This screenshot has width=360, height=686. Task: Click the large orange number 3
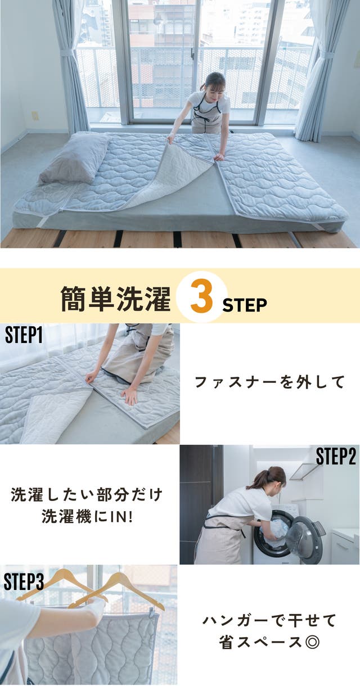(201, 296)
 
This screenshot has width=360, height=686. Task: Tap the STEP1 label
(24, 335)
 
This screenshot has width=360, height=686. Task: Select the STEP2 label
(336, 457)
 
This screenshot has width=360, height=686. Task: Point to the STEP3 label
(24, 581)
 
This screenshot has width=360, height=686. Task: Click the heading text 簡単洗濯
(115, 299)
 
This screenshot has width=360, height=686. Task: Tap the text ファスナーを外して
(269, 382)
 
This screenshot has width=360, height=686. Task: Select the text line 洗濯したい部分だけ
(87, 495)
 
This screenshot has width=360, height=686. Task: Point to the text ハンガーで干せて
(269, 620)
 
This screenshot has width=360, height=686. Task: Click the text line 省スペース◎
(269, 642)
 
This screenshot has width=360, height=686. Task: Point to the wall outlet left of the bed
(35, 116)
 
